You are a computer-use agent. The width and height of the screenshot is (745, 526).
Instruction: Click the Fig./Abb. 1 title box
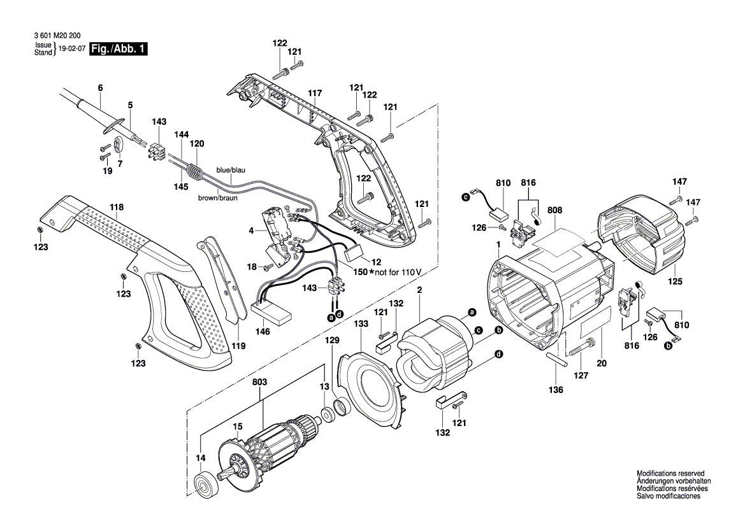[119, 49]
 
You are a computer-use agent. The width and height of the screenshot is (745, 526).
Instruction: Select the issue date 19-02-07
[71, 49]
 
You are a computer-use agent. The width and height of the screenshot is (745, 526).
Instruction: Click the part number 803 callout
[259, 382]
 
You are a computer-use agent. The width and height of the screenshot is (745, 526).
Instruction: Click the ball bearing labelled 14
[206, 485]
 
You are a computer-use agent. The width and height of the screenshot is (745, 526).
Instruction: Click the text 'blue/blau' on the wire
[231, 171]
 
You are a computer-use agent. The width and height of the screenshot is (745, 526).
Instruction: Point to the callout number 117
[314, 93]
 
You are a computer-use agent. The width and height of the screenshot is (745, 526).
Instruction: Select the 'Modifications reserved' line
[670, 474]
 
